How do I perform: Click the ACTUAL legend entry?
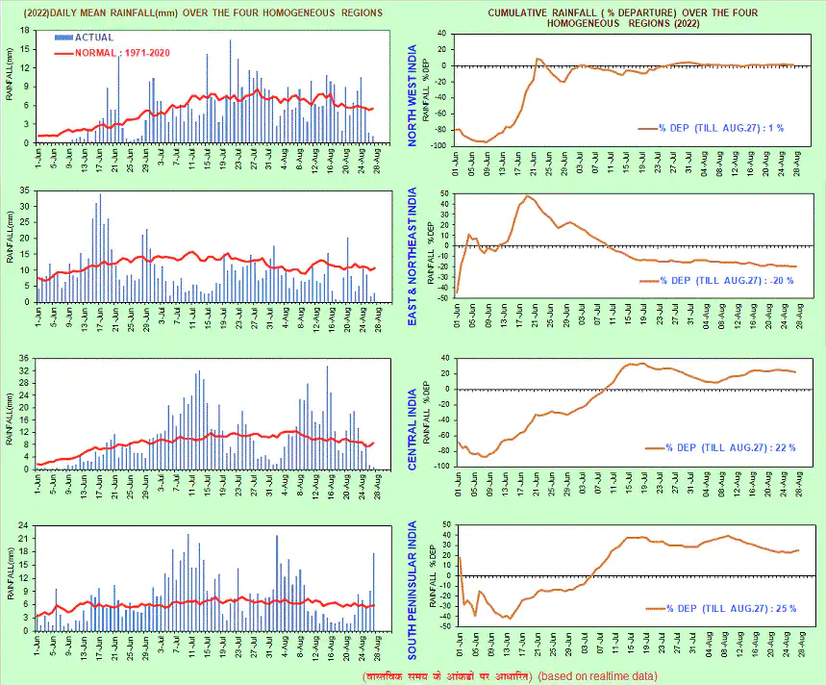click(92, 37)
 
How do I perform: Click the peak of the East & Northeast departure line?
click(526, 196)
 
